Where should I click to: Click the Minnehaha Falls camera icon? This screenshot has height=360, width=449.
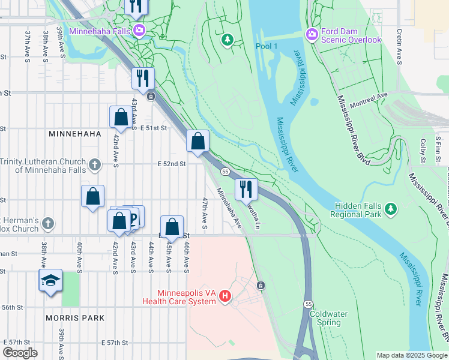139,29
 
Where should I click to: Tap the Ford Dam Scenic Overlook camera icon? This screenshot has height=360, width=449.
312,34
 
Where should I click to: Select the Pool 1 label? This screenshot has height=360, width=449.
267,46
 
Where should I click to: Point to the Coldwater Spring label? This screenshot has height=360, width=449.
325,318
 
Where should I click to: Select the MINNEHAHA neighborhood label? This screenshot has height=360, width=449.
74,134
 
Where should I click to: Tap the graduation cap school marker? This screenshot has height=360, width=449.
50,280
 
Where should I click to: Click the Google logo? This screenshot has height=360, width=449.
20,353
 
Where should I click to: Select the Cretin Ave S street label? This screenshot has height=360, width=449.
399,47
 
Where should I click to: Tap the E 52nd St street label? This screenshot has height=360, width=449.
172,164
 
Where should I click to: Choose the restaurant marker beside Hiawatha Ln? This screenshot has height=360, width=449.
246,189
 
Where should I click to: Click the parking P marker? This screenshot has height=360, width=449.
133,217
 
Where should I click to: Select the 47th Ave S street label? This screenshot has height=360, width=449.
205,213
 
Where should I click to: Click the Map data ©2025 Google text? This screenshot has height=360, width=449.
411,355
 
